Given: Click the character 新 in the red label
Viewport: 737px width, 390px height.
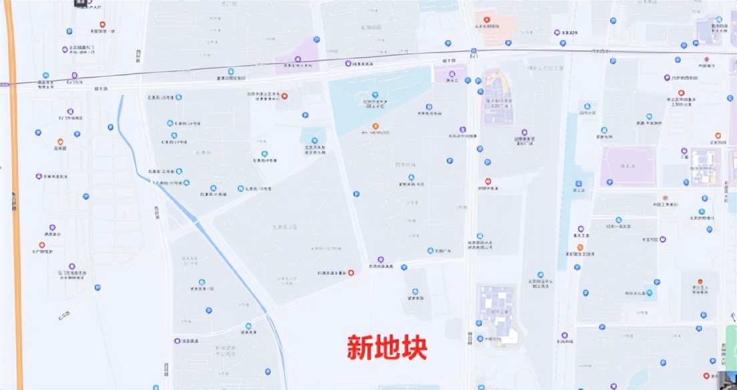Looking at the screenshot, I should point(360,347).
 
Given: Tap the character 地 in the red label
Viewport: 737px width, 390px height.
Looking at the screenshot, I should point(387,347).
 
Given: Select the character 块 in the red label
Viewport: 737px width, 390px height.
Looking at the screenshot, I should point(414,347).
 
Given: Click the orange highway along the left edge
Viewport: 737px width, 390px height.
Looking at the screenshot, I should point(14,200).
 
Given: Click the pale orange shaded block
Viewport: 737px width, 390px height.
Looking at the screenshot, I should point(495,27).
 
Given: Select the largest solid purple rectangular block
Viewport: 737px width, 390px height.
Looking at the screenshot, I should point(628,166).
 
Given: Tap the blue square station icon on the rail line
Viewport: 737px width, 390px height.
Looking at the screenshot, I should point(473,51).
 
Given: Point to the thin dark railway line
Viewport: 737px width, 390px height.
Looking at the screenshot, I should point(267,65).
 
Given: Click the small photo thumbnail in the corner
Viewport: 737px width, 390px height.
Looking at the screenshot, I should point(724,379).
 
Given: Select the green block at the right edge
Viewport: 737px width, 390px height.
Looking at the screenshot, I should point(732,344).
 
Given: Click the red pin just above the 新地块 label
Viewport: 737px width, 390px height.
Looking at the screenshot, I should point(351,272).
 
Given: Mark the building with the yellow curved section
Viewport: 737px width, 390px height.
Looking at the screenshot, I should point(497,97).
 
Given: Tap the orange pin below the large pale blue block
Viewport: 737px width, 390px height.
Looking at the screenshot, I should point(375,126).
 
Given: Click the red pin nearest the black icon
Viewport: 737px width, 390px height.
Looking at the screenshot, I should point(102,25).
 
